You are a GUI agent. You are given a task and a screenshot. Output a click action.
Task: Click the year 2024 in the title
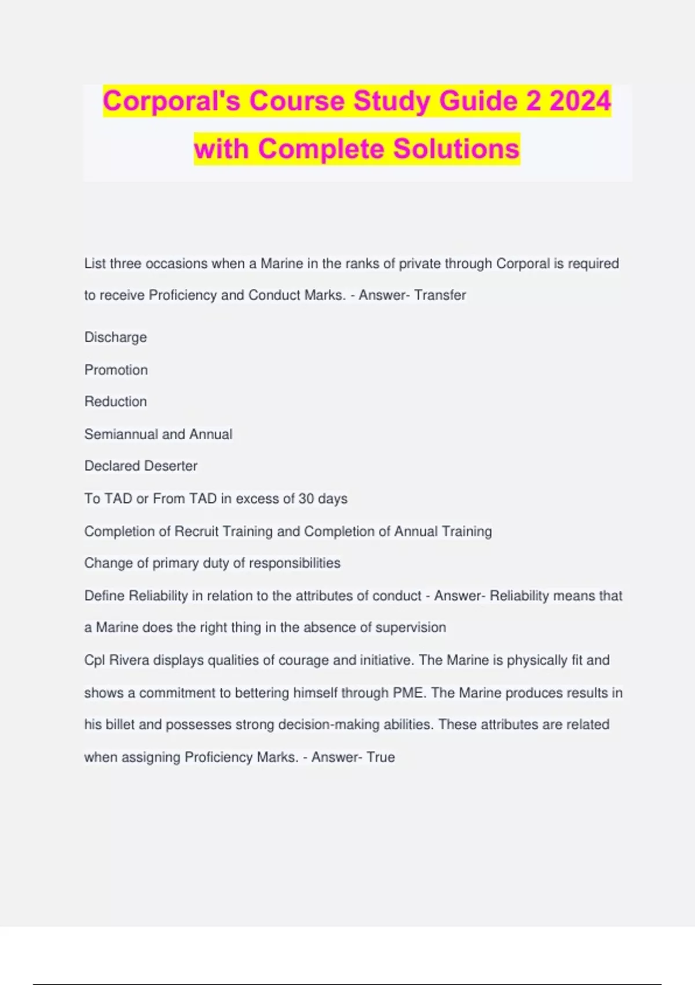pos(580,101)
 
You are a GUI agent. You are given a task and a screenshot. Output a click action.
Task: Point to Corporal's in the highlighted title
pos(172,101)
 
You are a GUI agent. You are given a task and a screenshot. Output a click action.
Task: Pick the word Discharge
pos(116,337)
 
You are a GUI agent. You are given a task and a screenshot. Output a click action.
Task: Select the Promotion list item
pos(116,370)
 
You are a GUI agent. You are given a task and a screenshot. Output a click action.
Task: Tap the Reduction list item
pos(116,402)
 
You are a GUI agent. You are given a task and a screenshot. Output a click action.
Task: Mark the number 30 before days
pos(306,499)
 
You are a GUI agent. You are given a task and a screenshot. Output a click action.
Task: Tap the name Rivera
pos(129,661)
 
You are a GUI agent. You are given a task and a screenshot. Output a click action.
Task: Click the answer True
pos(381,757)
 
